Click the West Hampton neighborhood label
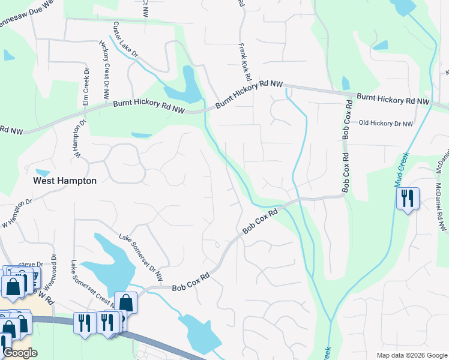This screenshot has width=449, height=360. pos(64,180)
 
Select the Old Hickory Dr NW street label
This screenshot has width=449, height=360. pos(386,124)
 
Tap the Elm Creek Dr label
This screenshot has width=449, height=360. pos(86,88)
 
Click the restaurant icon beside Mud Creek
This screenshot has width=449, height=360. pos(408,198)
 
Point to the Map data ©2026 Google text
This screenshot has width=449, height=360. pos(412,355)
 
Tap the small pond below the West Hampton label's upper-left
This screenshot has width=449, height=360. pos(42,173)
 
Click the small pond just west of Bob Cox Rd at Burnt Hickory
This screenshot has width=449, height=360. pos(345,83)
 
